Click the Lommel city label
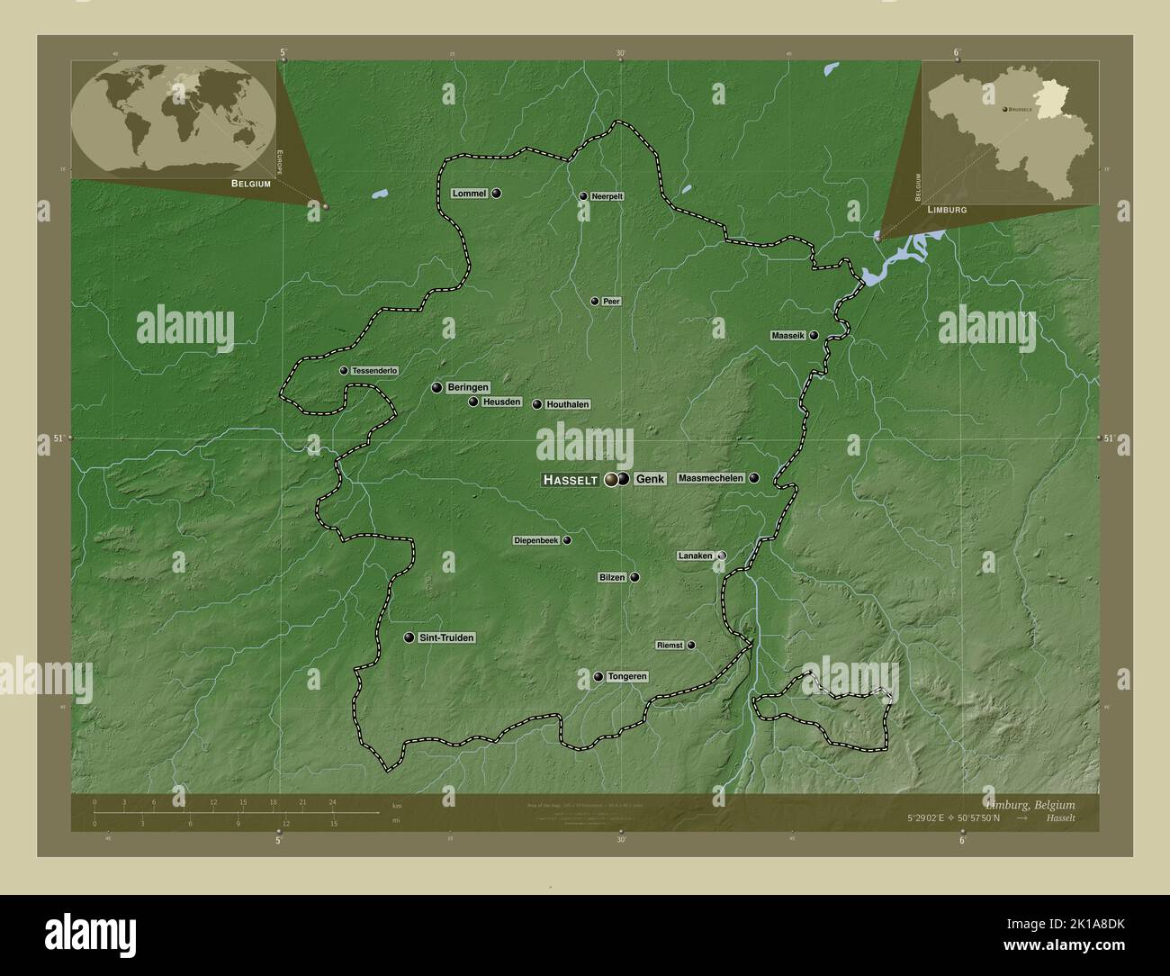469,194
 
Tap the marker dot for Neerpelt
583,196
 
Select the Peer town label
611,302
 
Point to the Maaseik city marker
814,335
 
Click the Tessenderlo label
374,370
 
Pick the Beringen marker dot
436,387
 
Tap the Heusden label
501,402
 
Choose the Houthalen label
567,405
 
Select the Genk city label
650,480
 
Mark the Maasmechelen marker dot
754,478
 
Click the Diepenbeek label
535,540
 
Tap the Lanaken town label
695,556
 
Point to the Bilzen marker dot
634,577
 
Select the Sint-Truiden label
446,637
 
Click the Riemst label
669,646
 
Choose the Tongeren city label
627,676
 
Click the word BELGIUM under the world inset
250,183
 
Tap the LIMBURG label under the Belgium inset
941,209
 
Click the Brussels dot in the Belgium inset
1005,109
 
